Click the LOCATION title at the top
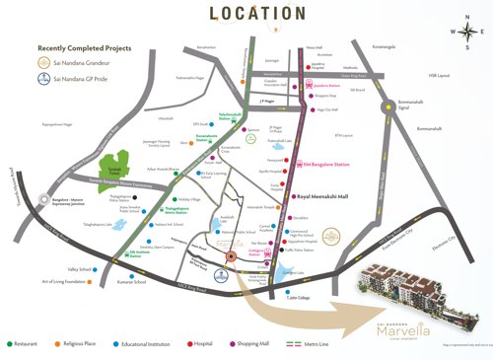(246, 14)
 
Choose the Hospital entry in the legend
(203, 344)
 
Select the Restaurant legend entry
(29, 344)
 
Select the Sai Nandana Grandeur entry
(90, 61)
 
